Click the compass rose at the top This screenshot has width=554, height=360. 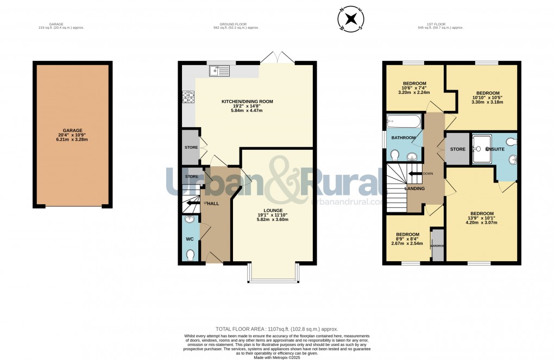coord(351,20)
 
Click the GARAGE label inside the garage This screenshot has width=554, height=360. coord(72,130)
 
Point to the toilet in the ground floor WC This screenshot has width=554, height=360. coord(190,254)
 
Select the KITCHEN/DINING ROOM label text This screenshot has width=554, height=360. coord(247,102)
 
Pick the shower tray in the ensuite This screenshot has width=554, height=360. coord(481,149)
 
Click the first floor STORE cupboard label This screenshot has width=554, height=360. coord(458,149)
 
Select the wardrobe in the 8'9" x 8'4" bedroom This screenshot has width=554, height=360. coord(438,245)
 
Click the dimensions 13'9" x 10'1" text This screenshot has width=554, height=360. coord(482,218)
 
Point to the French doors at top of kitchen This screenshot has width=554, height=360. coord(278,58)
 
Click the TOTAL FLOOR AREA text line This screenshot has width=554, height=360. coord(276,329)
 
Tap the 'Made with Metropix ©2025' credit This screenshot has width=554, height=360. coord(277,357)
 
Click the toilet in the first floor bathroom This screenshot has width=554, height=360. coord(395,156)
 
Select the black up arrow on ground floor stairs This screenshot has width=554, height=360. coord(190,204)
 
